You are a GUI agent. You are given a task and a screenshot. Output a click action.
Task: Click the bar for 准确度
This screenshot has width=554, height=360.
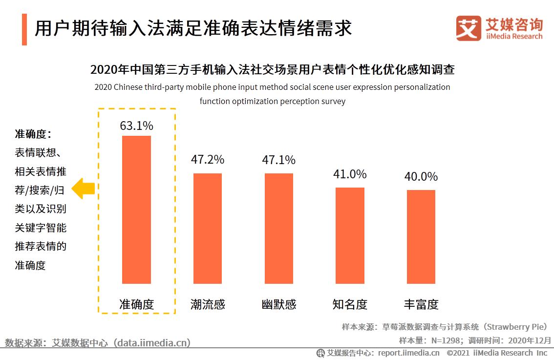[136, 210]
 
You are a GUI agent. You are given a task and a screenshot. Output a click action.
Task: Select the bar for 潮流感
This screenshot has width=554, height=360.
[208, 228]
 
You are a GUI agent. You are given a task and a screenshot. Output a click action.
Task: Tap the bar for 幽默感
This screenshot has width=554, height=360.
[279, 228]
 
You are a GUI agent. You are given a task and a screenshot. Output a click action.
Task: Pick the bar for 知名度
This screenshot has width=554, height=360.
[350, 235]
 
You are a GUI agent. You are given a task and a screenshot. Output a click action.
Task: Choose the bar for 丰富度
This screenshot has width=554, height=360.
[421, 236]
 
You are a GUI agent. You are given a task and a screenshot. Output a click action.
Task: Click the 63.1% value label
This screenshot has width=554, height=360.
[136, 126]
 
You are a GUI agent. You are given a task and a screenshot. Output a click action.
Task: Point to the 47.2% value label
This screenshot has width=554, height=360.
[208, 159]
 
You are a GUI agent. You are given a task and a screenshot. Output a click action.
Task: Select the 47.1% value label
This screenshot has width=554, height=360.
[279, 160]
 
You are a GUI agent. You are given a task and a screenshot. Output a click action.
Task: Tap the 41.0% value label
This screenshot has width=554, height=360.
[350, 174]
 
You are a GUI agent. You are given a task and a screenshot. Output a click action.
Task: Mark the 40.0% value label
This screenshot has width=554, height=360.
[421, 176]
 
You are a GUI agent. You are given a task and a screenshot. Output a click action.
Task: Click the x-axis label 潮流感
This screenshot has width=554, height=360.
[208, 304]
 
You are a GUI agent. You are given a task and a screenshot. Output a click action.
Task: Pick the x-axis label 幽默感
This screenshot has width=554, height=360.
[279, 304]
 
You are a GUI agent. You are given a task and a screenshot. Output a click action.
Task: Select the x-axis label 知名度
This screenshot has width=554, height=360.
[350, 304]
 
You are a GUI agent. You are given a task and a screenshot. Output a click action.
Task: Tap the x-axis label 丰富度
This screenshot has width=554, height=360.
[421, 304]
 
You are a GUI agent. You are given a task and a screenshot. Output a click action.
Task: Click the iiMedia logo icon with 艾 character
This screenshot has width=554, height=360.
[468, 28]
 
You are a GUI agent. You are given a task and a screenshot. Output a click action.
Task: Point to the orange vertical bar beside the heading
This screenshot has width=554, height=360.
[24, 29]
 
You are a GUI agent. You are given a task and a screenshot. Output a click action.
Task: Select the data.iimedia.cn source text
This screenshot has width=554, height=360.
[151, 342]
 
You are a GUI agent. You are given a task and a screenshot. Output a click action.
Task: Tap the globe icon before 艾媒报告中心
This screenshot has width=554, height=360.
[320, 353]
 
